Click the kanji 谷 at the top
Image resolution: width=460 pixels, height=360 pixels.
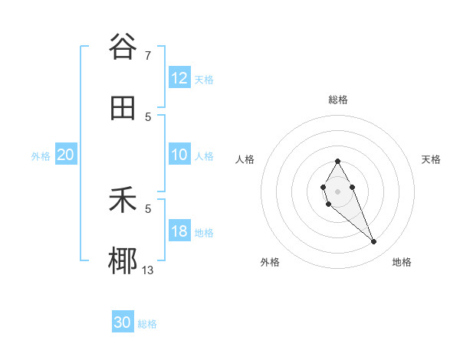click(123, 47)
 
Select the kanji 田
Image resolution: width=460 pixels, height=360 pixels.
click(123, 108)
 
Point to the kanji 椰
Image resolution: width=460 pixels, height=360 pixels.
click(123, 261)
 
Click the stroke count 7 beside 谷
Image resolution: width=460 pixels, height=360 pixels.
click(148, 55)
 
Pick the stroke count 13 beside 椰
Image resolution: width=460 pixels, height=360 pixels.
click(148, 270)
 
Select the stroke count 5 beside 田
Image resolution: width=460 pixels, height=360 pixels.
click(148, 116)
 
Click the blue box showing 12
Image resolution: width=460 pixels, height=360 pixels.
click(179, 78)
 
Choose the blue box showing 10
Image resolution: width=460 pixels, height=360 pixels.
click(179, 155)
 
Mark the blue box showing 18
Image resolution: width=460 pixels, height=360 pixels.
click(179, 231)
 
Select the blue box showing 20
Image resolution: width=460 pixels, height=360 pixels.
click(65, 155)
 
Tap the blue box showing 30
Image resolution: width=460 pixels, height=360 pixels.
click(123, 322)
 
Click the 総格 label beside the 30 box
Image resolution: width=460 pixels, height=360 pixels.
click(148, 324)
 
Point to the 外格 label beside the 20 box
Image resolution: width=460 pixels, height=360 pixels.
click(41, 156)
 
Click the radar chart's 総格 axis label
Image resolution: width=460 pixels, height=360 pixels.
click(337, 100)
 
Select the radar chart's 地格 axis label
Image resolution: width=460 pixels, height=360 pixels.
click(402, 262)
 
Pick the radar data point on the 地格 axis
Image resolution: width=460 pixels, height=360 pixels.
click(374, 242)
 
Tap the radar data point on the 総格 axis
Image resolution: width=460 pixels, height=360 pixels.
click(337, 161)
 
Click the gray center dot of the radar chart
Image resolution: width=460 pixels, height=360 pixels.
click(337, 191)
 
